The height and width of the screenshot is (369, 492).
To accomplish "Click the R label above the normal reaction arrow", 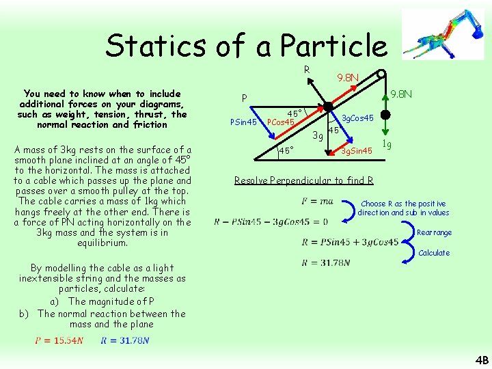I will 307,70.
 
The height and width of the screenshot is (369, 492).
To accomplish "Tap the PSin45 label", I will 243,122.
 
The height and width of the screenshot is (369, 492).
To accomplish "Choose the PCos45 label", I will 280,122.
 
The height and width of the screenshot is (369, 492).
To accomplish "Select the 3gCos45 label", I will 357,118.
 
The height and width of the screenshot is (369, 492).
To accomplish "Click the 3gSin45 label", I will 357,150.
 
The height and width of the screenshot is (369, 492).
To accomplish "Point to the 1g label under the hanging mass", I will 386,144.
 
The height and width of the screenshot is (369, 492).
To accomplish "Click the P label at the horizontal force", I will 244,98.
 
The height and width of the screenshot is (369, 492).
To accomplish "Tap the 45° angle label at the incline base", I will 285,150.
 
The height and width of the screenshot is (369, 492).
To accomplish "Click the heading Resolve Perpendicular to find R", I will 303,180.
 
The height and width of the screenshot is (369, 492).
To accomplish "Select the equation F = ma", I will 316,202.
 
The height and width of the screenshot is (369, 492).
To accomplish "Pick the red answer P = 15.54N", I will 59,341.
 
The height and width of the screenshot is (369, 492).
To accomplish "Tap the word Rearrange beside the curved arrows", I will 434,232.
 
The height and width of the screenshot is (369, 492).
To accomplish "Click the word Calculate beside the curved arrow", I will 434,253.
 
